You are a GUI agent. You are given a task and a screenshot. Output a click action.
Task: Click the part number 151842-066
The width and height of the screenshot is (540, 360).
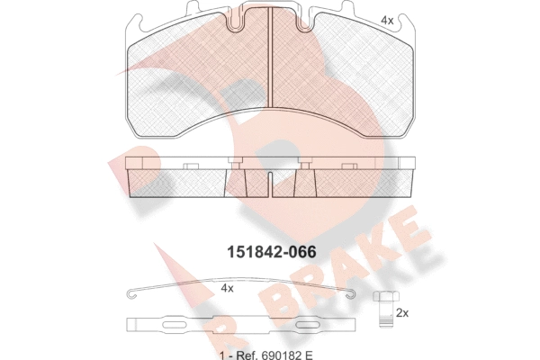[x=271, y=253]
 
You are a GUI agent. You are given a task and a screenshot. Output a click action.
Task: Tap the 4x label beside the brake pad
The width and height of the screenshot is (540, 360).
[x=387, y=21]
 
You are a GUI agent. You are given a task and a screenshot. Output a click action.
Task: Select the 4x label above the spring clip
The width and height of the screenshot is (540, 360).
[x=227, y=288]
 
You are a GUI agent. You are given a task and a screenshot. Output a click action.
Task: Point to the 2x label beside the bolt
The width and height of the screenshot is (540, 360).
[x=402, y=313]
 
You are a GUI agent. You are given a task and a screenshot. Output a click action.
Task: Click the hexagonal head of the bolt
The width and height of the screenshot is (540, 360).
[x=387, y=296]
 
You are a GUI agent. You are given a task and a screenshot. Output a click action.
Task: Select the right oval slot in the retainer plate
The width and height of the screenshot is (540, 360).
[x=308, y=325]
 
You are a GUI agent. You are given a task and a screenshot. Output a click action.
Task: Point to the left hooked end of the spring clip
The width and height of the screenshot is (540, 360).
[x=132, y=293]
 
